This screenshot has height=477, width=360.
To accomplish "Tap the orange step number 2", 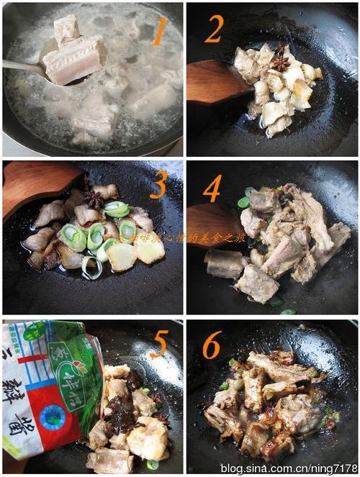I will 214,28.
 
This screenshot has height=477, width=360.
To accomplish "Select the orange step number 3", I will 158,185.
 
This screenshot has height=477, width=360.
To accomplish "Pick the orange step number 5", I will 158,345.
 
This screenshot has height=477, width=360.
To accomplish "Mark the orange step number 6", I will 211,346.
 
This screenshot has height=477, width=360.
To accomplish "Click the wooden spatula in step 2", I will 216,83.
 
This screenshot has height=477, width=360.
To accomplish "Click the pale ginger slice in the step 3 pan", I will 122,255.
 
